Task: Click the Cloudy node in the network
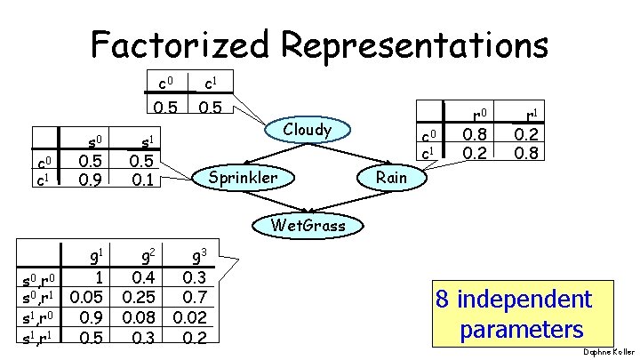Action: (x=308, y=130)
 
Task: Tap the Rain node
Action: (x=391, y=178)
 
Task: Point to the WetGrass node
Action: (x=308, y=225)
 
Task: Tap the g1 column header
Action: (x=89, y=254)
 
